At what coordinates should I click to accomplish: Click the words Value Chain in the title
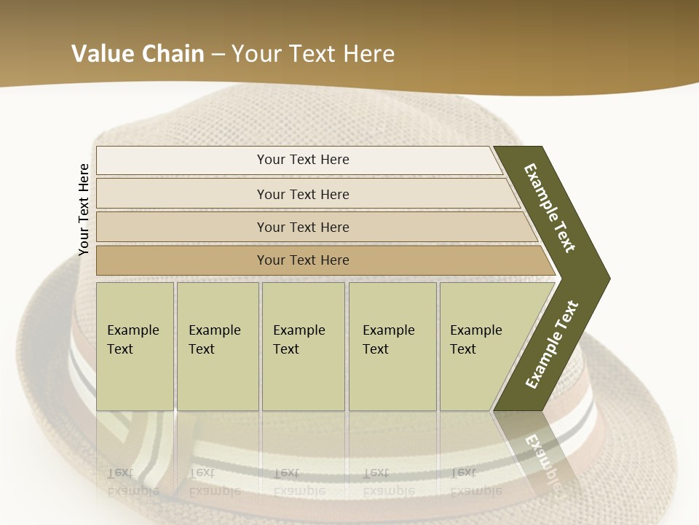pyautogui.click(x=138, y=54)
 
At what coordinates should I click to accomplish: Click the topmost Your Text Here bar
pyautogui.click(x=303, y=160)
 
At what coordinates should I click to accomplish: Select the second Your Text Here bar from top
pyautogui.click(x=303, y=194)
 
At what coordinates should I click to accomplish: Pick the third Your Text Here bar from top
pyautogui.click(x=303, y=227)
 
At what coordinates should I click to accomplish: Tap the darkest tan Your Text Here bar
pyautogui.click(x=303, y=260)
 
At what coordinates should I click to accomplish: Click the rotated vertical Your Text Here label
pyautogui.click(x=84, y=209)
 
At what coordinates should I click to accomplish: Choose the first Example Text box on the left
pyautogui.click(x=135, y=346)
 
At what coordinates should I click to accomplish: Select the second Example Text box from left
pyautogui.click(x=217, y=346)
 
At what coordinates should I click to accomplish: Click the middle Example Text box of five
pyautogui.click(x=303, y=346)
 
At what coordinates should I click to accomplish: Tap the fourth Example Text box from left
pyautogui.click(x=392, y=346)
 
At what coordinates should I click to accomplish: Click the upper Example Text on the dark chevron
pyautogui.click(x=550, y=209)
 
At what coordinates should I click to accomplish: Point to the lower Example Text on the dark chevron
pyautogui.click(x=551, y=345)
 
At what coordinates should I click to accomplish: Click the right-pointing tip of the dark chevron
pyautogui.click(x=607, y=278)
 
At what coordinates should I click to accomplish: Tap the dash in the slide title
pyautogui.click(x=218, y=54)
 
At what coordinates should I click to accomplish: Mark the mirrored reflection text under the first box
pyautogui.click(x=133, y=481)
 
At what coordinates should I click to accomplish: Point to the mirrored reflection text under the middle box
pyautogui.click(x=299, y=481)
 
